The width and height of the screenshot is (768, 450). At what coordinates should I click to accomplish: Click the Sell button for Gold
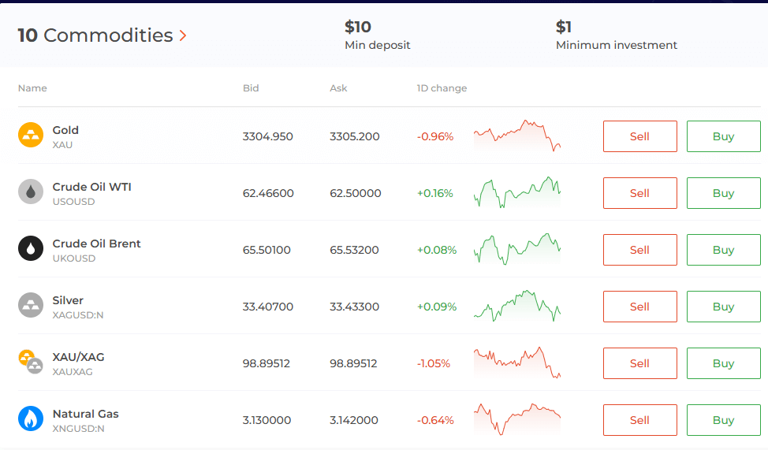click(639, 136)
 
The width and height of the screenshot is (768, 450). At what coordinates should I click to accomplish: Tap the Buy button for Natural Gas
click(723, 420)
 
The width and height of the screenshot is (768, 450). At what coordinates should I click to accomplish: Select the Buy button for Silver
click(723, 307)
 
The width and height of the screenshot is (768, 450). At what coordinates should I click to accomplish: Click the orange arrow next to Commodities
click(183, 35)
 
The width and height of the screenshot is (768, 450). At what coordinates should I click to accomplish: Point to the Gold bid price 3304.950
click(267, 136)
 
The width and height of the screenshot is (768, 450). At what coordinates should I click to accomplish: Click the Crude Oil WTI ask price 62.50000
click(355, 193)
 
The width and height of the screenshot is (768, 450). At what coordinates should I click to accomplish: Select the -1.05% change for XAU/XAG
click(434, 363)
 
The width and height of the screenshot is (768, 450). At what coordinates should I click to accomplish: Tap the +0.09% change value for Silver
click(437, 307)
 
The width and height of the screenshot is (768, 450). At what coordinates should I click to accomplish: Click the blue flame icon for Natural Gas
click(31, 419)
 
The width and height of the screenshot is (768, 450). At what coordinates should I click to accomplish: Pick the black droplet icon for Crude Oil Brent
click(31, 249)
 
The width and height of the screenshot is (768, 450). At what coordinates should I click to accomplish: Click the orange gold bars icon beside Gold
click(31, 136)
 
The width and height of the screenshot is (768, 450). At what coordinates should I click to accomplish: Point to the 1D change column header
click(442, 88)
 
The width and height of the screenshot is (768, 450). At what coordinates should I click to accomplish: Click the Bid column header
click(251, 88)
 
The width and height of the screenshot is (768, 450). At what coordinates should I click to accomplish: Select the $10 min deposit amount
click(357, 27)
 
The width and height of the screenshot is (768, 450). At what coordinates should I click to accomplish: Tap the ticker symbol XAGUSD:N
click(78, 315)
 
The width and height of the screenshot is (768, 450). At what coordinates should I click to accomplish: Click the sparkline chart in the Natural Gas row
click(517, 418)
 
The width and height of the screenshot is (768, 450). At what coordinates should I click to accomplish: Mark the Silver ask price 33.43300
click(354, 307)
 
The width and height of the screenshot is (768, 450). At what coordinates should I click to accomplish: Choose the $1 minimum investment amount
click(563, 27)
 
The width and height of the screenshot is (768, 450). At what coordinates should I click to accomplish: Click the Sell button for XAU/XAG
click(639, 363)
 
